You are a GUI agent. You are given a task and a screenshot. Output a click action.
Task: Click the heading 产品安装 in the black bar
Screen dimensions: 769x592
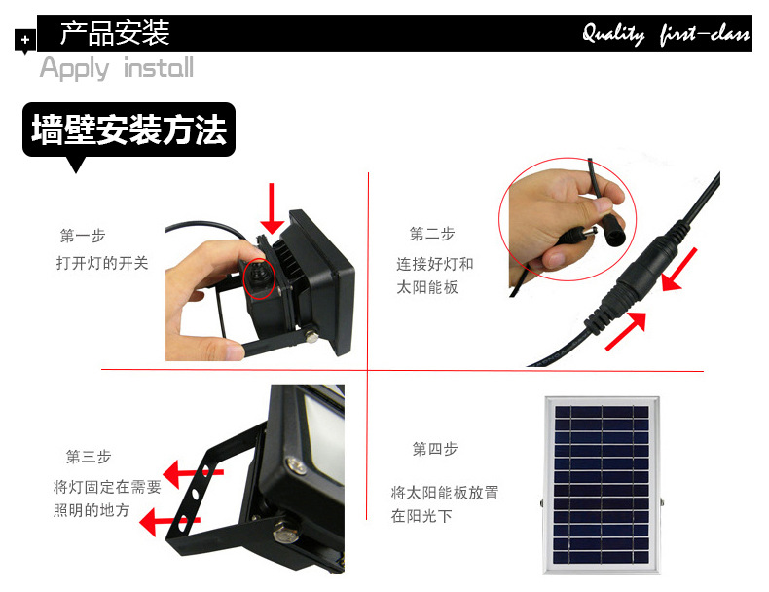[115, 33]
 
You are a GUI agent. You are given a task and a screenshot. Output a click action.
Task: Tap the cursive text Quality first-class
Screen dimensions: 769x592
[666, 34]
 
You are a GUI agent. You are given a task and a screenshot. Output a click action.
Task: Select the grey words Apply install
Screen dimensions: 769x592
[117, 68]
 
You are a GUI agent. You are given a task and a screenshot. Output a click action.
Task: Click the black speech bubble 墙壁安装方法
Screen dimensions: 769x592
[128, 129]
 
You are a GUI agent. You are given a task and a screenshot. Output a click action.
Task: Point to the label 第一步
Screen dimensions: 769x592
[83, 236]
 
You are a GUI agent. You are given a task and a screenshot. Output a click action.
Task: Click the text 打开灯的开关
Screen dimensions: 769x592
[102, 264]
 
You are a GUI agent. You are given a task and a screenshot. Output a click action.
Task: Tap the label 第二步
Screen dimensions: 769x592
[432, 234]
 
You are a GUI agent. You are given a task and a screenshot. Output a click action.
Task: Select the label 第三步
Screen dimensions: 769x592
[89, 457]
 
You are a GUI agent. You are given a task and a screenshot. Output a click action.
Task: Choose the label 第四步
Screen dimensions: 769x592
[435, 449]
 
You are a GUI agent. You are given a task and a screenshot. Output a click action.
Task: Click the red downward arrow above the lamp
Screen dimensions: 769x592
[272, 208]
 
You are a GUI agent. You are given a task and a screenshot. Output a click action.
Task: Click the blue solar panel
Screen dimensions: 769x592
[602, 485]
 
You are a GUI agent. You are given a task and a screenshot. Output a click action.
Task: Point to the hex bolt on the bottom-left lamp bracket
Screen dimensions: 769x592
[283, 533]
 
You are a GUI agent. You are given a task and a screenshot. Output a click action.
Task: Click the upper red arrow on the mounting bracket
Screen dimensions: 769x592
[193, 473]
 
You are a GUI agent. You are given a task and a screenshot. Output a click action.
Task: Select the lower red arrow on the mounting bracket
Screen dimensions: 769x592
[169, 521]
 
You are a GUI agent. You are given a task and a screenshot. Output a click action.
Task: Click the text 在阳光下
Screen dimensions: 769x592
[421, 516]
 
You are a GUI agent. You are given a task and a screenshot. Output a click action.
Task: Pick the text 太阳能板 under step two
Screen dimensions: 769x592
[427, 287]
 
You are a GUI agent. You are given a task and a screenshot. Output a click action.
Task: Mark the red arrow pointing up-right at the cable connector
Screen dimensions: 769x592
[626, 331]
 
